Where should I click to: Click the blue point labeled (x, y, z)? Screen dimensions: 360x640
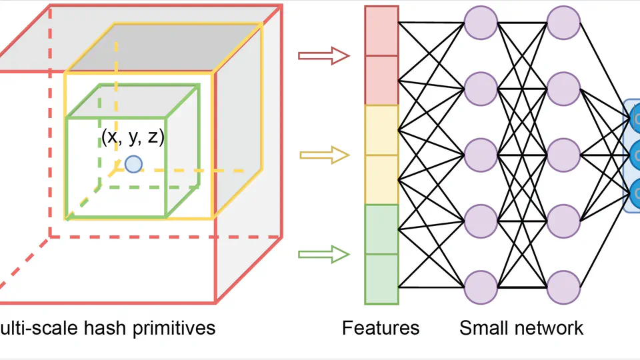coord(133,164)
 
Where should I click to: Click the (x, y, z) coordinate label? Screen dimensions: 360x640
coord(133,137)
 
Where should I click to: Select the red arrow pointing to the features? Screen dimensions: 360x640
coord(323,56)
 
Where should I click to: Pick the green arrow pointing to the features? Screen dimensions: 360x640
coord(323,254)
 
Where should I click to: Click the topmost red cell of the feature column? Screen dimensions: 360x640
coord(381,31)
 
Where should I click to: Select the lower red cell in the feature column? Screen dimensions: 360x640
coord(381,80)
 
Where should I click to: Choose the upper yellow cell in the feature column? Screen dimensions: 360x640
coord(381,130)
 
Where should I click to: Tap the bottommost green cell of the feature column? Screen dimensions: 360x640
coord(381,279)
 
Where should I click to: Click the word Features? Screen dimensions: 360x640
coord(381,328)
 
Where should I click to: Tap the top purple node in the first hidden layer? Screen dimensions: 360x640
coord(481,23)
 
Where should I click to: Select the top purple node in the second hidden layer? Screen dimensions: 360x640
coord(563,23)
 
